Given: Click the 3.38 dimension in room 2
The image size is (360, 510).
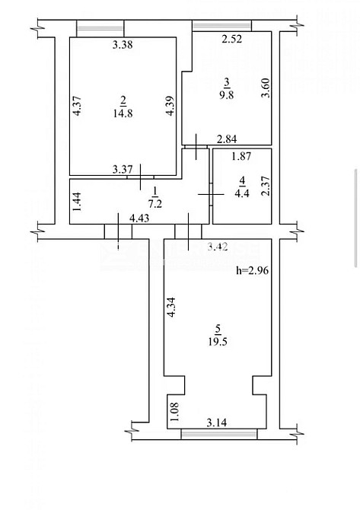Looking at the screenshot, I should [x=123, y=45].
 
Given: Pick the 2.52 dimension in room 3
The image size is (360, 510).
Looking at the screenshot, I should [x=231, y=40].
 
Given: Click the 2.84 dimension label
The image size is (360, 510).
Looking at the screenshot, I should [x=228, y=139].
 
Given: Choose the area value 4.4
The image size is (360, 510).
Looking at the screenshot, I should [x=242, y=191].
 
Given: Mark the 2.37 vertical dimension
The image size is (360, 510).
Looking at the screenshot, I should [x=265, y=186].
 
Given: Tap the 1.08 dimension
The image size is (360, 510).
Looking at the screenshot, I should [x=174, y=411].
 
